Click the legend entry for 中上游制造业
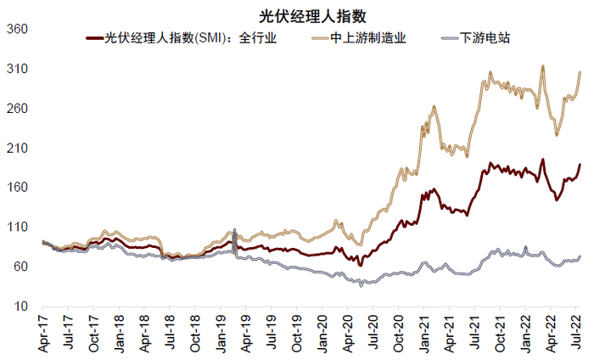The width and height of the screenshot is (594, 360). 368,37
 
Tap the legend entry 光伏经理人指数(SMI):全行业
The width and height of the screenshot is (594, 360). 190,37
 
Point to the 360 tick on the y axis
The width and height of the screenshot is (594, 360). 18,29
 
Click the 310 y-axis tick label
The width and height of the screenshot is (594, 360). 18,69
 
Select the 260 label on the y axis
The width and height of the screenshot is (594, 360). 18,109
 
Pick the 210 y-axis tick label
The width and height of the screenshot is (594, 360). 18,148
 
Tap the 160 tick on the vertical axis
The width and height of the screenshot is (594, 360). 18,188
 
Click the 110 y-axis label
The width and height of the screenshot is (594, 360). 18,228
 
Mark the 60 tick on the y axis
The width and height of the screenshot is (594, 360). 21,267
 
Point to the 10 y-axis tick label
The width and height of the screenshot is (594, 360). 21,307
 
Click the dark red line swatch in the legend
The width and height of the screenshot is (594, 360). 93,38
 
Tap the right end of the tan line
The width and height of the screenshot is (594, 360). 580,72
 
